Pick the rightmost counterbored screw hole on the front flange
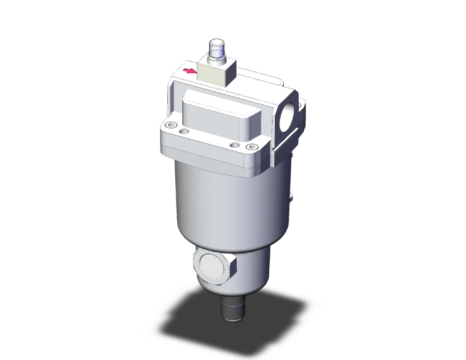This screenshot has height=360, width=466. click(252, 147)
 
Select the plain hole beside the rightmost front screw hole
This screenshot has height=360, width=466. click(234, 145)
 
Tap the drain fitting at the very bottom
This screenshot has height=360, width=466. click(234, 311)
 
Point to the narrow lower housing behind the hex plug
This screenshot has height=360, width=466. click(254, 269)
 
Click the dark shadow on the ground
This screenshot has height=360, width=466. click(188, 319)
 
